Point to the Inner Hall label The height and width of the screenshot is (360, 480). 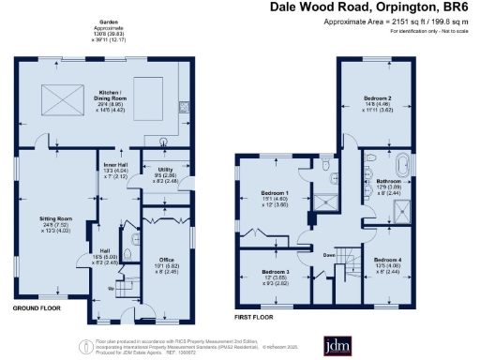pyautogui.click(x=116, y=164)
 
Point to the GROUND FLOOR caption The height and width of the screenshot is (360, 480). pyautogui.click(x=37, y=307)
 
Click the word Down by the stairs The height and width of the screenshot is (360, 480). pyautogui.click(x=329, y=254)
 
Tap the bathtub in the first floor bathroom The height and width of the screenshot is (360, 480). pyautogui.click(x=404, y=165)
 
